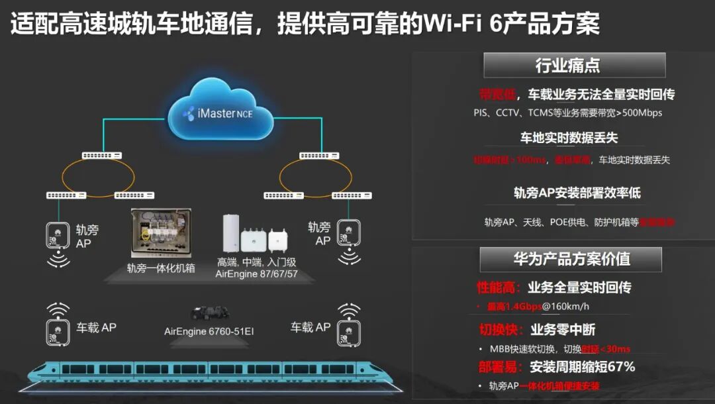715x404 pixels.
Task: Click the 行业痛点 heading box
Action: pyautogui.click(x=574, y=66)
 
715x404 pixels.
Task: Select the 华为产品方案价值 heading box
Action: pyautogui.click(x=571, y=260)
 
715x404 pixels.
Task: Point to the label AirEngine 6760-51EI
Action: pyautogui.click(x=209, y=331)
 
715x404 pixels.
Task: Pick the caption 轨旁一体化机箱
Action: pyautogui.click(x=161, y=269)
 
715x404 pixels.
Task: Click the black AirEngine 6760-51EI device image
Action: pyautogui.click(x=209, y=313)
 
